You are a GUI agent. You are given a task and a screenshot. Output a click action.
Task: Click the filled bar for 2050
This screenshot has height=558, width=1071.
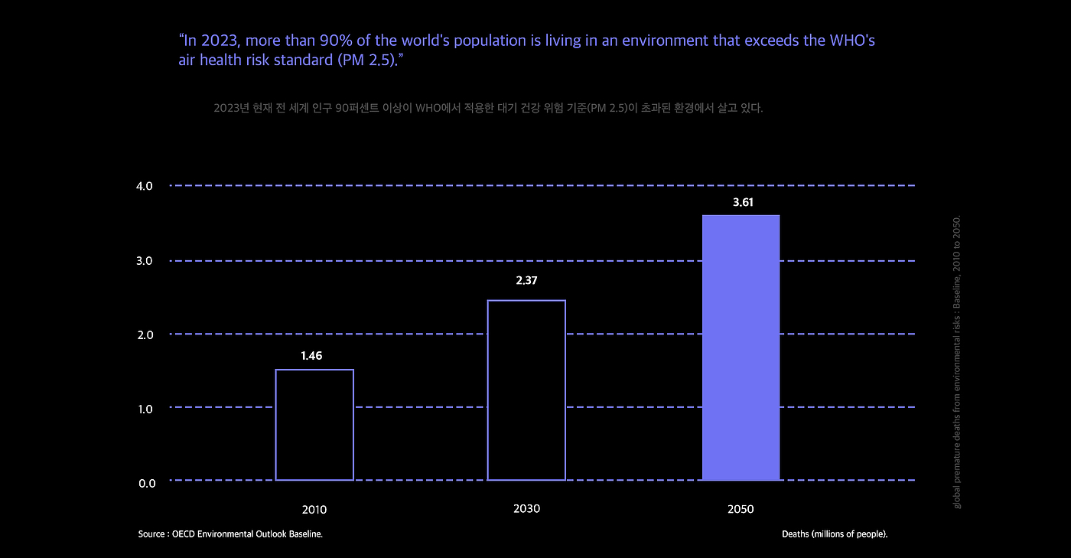point(741,348)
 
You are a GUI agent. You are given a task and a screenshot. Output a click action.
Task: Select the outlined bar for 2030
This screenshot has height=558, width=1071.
point(526,390)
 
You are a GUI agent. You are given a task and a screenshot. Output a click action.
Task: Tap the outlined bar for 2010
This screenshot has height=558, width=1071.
point(314,425)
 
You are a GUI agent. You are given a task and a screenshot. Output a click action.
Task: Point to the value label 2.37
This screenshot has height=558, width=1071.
point(526,281)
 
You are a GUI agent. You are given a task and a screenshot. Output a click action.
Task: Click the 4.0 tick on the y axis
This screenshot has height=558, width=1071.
point(145,186)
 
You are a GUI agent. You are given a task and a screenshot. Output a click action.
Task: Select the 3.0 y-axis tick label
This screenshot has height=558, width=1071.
point(145,261)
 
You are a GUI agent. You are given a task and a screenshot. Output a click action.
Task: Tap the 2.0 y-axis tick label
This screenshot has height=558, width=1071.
point(145,334)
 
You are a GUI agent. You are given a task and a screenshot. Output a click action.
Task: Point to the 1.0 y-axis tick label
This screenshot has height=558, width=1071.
point(145,409)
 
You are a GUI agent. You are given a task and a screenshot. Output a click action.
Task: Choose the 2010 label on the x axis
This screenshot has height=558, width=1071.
point(314,509)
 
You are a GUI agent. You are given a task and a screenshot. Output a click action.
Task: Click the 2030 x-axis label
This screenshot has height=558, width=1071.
point(526,508)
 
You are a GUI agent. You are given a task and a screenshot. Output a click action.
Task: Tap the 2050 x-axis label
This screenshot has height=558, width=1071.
point(741,509)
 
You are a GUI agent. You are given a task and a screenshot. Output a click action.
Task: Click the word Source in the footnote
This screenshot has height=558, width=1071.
point(151,534)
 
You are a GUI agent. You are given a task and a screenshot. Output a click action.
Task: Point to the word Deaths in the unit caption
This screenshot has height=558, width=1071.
point(795,534)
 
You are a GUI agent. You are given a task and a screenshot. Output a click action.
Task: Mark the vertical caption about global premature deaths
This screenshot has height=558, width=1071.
point(957,362)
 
